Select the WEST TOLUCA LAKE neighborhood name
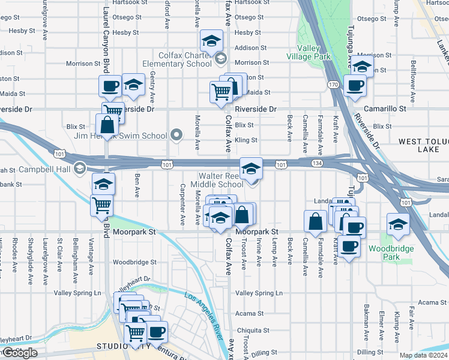click(423, 145)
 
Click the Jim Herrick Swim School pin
click(176, 135)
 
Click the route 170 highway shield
click(333, 85)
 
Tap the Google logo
click(19, 353)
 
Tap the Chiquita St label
click(252, 331)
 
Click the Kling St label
click(246, 140)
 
